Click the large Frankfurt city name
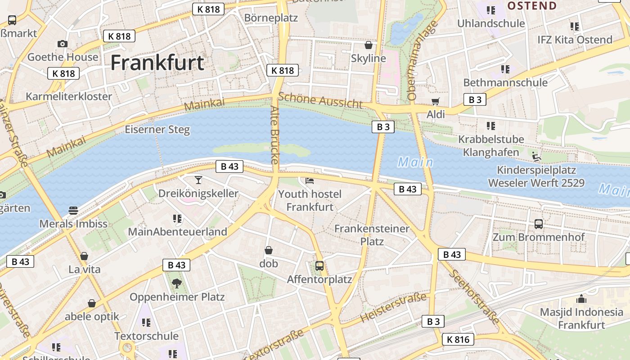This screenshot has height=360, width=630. [157, 63]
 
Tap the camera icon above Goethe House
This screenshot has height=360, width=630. [63, 44]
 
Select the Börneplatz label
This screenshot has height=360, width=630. [271, 18]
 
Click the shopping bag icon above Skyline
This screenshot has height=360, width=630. [369, 45]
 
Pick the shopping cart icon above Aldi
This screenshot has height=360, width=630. [435, 101]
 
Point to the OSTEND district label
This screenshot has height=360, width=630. [532, 6]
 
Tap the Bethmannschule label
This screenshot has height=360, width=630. [505, 82]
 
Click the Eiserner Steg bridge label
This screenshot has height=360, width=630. [157, 130]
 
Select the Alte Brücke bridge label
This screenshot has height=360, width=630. [275, 135]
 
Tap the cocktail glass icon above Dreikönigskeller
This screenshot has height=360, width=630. [198, 180]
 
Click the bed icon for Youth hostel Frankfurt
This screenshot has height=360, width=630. [310, 181]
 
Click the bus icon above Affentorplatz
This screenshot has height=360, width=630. [319, 266]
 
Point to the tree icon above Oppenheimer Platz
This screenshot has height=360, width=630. [177, 283]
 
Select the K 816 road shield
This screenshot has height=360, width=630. [458, 339]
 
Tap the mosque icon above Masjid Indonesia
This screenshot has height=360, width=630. [581, 299]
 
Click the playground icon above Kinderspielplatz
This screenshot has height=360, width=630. [536, 157]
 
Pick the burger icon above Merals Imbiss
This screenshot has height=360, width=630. [73, 210]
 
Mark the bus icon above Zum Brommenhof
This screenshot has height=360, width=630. [539, 224]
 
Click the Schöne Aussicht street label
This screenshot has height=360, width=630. [320, 101]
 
